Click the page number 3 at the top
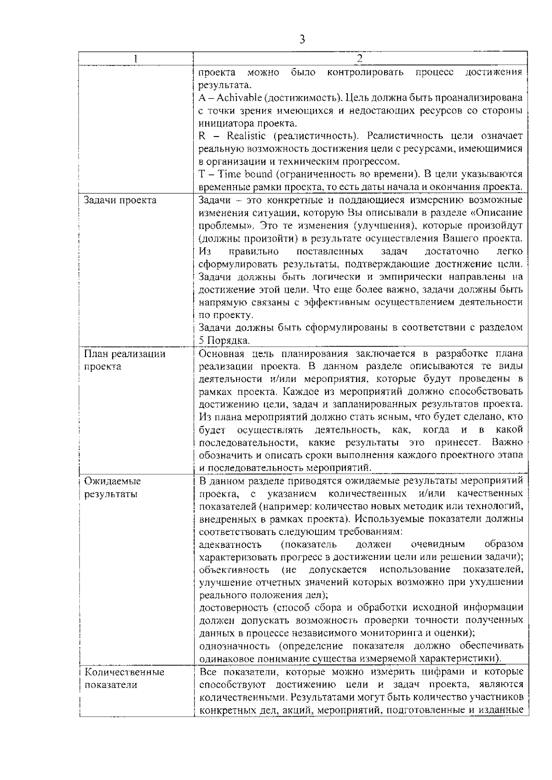(302, 39)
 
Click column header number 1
(135, 58)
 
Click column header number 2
(360, 58)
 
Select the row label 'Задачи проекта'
(120, 200)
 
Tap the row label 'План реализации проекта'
(124, 360)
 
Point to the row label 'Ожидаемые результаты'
(112, 488)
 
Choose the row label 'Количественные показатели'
(124, 678)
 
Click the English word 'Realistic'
(246, 136)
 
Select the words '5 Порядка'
(224, 341)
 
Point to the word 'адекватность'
(230, 545)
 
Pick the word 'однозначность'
(234, 646)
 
